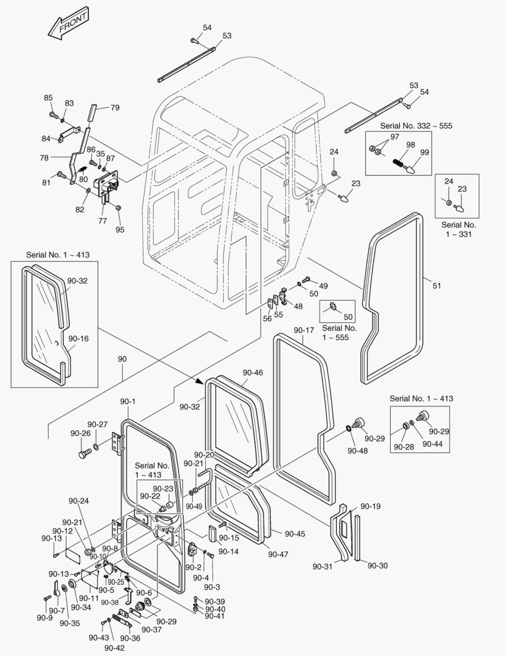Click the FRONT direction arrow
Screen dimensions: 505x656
[x=68, y=24]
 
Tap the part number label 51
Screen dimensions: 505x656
[x=437, y=285]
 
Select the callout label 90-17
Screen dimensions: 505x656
[x=304, y=330]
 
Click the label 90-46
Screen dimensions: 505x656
[x=253, y=372]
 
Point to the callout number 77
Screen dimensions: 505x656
[x=103, y=221]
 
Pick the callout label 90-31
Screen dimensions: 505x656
[x=323, y=567]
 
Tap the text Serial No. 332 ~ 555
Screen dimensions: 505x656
[x=416, y=126]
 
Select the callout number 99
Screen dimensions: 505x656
[x=425, y=152]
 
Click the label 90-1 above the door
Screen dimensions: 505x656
[x=128, y=401]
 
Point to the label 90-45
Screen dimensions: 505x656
[x=295, y=534]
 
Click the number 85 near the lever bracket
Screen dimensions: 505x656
[x=48, y=98]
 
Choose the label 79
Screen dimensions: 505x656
[x=115, y=108]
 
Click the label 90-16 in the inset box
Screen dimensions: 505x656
[x=79, y=338]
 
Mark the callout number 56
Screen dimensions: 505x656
[x=267, y=319]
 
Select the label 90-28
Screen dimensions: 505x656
[x=404, y=447]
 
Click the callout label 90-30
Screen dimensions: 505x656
[x=378, y=565]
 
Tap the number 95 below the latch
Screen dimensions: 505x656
[x=120, y=230]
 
